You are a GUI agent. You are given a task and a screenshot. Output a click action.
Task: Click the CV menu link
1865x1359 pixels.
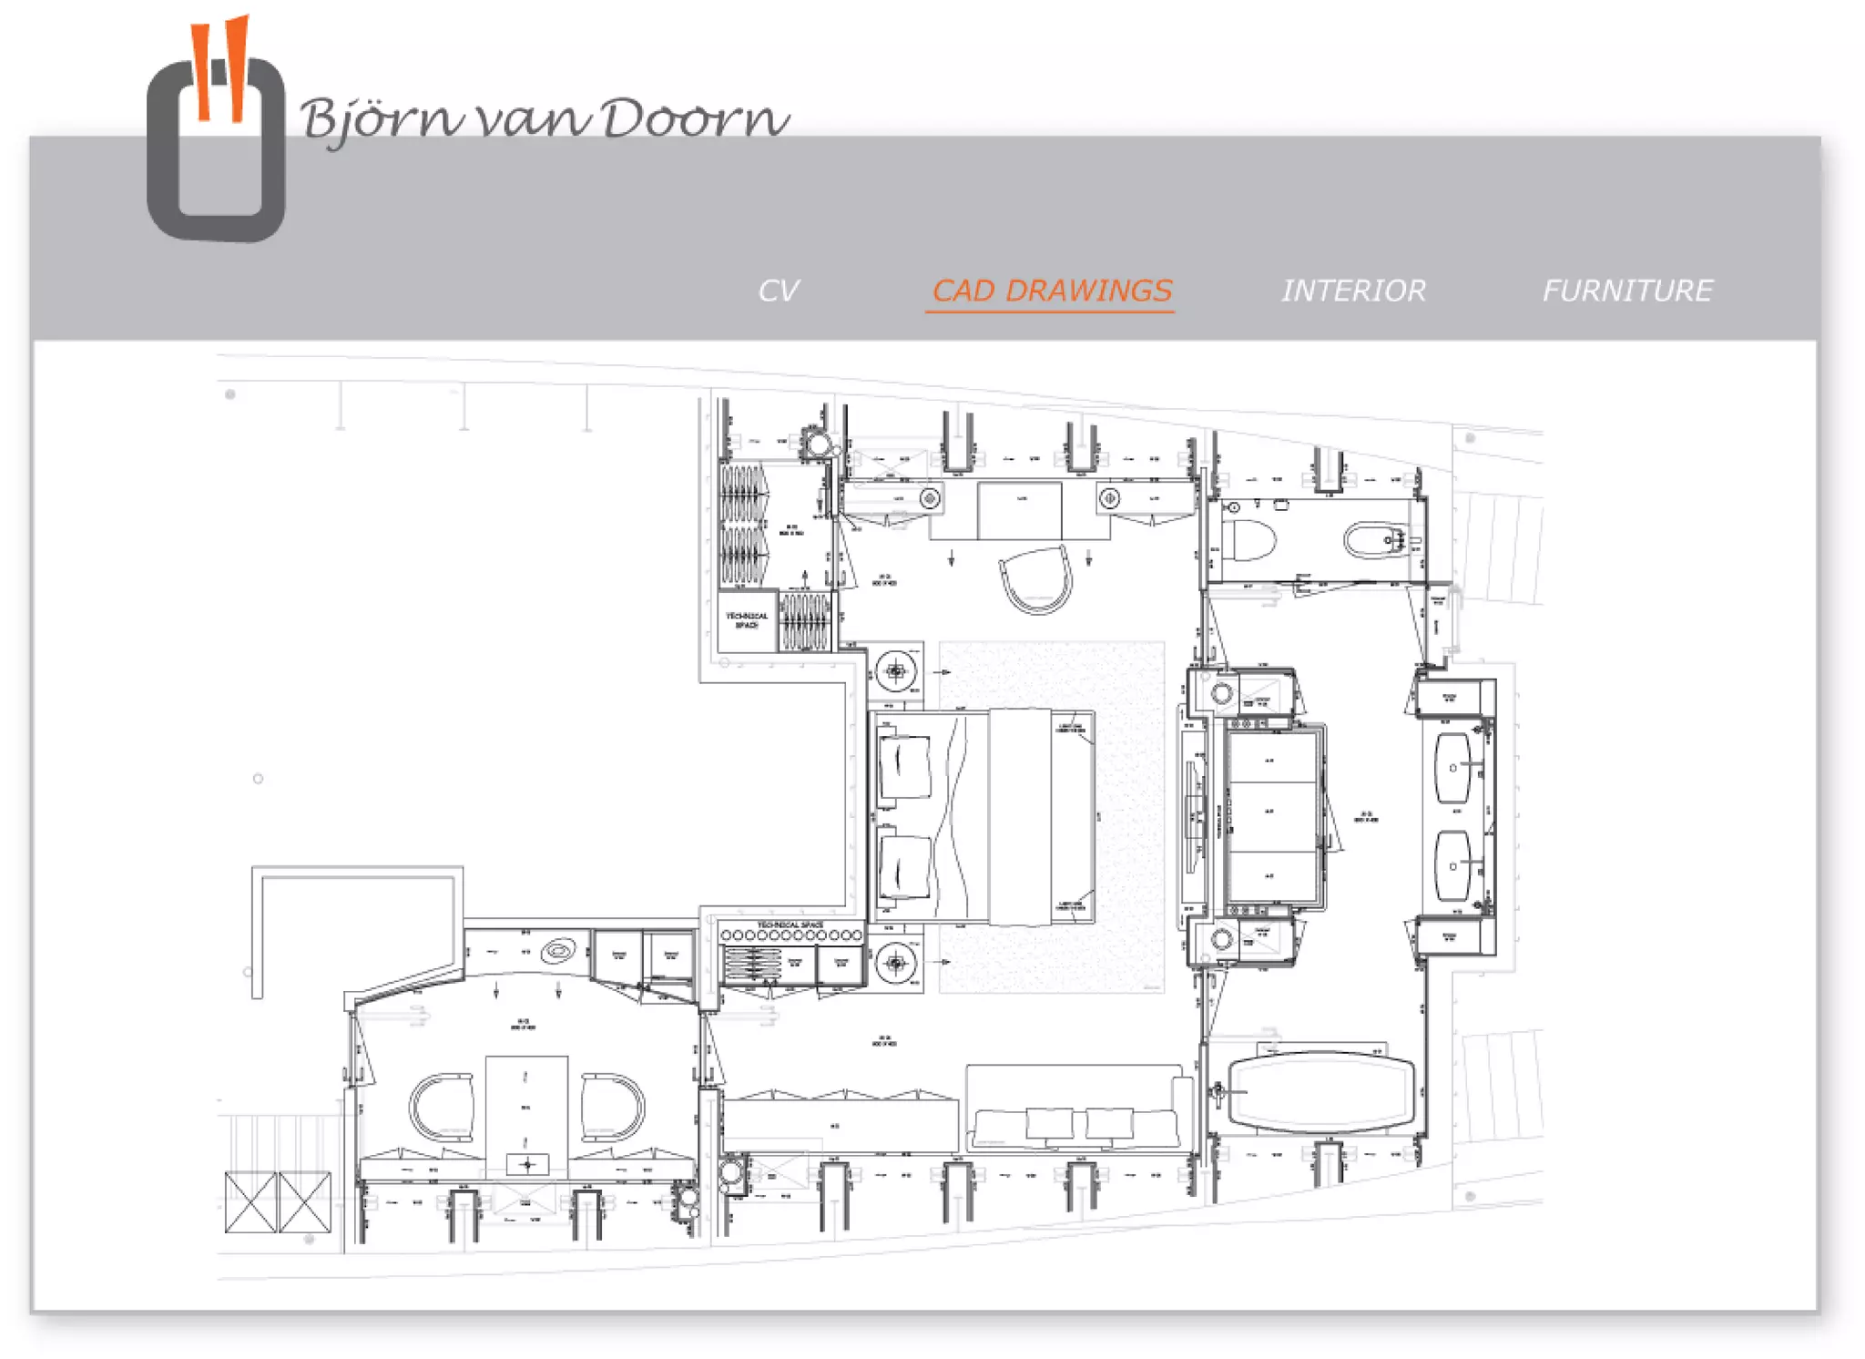778,291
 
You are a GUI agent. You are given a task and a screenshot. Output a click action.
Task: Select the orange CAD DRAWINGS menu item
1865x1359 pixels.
1051,291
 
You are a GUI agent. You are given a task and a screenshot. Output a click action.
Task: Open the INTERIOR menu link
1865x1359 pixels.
1353,291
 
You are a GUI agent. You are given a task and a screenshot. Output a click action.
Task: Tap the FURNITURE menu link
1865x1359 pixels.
1627,291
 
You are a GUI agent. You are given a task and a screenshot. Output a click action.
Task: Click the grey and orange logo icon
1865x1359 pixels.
217,137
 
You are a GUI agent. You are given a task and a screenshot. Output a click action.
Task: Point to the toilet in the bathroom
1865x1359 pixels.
1249,540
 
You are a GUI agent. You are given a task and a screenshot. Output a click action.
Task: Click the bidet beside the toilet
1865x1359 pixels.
1378,540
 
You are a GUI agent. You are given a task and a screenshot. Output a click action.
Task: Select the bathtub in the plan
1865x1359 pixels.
1320,1093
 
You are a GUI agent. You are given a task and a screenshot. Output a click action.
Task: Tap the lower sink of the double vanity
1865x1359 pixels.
1453,865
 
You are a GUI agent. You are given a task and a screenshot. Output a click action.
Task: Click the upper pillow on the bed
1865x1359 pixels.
905,766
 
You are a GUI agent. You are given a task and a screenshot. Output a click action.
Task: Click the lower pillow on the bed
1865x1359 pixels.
905,866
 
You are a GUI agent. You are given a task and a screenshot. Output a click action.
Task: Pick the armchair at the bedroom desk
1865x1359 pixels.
1036,579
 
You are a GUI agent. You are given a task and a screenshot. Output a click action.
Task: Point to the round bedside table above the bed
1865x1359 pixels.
896,672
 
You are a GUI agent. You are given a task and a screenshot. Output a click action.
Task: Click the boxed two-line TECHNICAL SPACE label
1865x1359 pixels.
747,621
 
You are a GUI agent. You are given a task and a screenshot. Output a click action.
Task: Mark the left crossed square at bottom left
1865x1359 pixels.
250,1201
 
